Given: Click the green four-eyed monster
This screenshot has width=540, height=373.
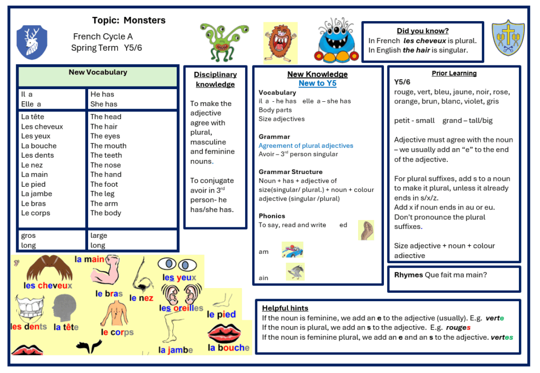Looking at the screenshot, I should [x=224, y=42].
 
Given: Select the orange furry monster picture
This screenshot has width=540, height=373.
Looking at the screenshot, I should [x=280, y=43].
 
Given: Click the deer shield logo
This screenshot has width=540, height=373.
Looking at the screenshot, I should [x=32, y=42].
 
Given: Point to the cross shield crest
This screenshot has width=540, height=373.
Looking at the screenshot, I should [x=508, y=38].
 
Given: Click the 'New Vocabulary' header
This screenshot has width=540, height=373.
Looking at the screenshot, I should [x=98, y=72].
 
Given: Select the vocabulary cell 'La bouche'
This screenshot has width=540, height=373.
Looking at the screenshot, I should [x=39, y=146].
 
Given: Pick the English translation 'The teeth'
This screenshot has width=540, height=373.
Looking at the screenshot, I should [x=106, y=155].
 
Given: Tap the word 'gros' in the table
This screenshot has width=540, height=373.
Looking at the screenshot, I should [x=28, y=235].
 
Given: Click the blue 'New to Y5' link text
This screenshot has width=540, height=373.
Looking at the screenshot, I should [x=317, y=83].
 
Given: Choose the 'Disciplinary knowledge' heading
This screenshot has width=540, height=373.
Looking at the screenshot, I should [x=215, y=79].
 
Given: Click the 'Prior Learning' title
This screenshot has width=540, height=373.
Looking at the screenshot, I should [x=454, y=73].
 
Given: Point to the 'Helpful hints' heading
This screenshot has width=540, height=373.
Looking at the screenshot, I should [x=285, y=308].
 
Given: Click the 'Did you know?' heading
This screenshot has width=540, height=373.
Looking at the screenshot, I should [x=422, y=31].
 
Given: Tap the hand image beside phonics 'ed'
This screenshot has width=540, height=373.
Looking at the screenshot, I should [x=366, y=230].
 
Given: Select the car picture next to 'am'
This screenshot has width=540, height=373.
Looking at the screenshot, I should [x=292, y=250].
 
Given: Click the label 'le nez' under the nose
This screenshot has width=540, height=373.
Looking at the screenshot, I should [x=141, y=298].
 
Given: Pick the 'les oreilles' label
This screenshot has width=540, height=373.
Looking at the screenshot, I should [x=181, y=308].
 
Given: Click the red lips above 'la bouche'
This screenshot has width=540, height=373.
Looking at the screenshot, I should [x=224, y=332].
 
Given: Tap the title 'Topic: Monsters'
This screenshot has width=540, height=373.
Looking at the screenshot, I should [x=129, y=21].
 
